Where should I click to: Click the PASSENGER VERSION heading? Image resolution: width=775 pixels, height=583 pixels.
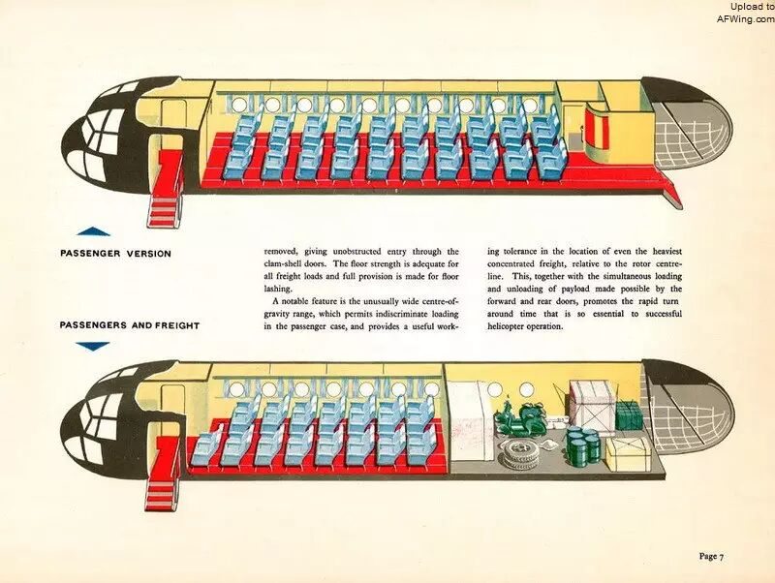tap(115, 254)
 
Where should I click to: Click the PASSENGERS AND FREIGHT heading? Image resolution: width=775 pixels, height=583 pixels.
tap(130, 325)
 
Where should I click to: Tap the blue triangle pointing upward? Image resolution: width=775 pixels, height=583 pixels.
tap(93, 231)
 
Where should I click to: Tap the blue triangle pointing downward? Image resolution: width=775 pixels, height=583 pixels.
tap(92, 347)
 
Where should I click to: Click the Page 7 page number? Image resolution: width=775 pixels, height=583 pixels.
tap(712, 556)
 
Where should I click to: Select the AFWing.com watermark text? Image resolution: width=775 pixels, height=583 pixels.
tap(745, 18)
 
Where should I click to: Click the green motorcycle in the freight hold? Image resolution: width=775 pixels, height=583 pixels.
tap(521, 418)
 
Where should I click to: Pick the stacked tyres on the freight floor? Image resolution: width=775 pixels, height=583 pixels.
tap(518, 454)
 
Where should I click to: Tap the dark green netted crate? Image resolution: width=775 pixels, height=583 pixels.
tap(629, 415)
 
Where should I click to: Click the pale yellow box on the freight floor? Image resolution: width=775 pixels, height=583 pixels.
tap(629, 454)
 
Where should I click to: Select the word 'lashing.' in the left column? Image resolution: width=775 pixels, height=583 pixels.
tap(278, 289)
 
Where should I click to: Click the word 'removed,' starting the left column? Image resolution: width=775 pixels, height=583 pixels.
tap(281, 252)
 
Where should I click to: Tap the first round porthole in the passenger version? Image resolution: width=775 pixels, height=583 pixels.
tap(239, 105)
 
